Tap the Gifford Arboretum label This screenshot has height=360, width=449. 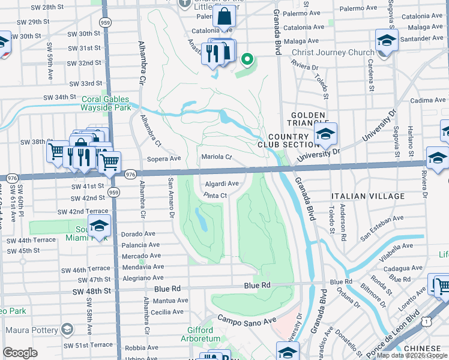[x=197, y=334]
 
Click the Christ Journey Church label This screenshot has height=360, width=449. [x=333, y=52]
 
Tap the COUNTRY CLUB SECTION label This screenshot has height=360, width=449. [x=288, y=140]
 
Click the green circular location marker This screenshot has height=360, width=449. [x=246, y=59]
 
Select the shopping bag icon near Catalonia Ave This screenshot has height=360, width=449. [x=224, y=17]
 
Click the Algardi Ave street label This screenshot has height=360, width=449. [x=223, y=184]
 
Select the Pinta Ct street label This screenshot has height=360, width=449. [x=215, y=196]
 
